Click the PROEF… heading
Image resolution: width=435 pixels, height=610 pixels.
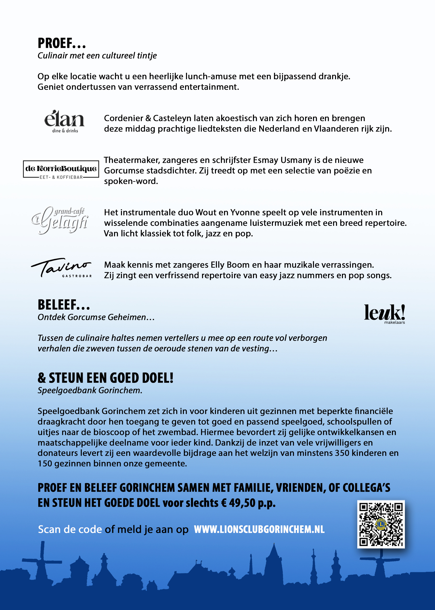click(x=62, y=43)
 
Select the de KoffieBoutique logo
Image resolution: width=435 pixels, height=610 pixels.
click(x=61, y=169)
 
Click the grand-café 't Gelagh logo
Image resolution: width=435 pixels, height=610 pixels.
click(x=60, y=220)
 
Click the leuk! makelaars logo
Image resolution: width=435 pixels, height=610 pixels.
click(x=384, y=313)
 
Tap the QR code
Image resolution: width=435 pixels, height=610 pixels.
click(x=381, y=524)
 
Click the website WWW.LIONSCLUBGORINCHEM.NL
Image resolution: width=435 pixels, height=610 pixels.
click(x=259, y=529)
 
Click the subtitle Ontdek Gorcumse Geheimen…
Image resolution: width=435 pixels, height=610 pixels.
click(x=96, y=317)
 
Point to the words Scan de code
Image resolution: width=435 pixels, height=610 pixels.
click(x=70, y=529)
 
